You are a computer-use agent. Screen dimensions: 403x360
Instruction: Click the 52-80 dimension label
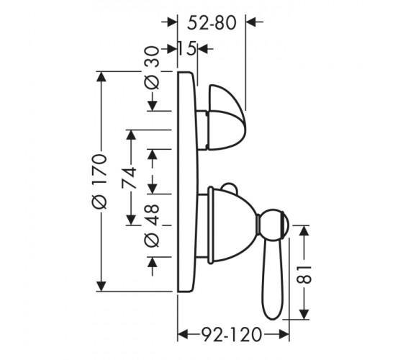point(212,23)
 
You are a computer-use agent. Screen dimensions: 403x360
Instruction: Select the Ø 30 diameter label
point(152,68)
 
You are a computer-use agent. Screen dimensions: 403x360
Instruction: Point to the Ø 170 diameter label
point(99,181)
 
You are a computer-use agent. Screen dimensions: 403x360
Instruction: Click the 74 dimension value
point(129,178)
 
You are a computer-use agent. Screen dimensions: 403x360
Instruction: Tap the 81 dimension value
point(304,274)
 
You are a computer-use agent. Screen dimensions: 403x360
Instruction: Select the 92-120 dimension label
point(232,335)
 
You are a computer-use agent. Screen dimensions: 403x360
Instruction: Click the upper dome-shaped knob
point(227,117)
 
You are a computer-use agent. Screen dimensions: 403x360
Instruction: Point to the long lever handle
point(272,277)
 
